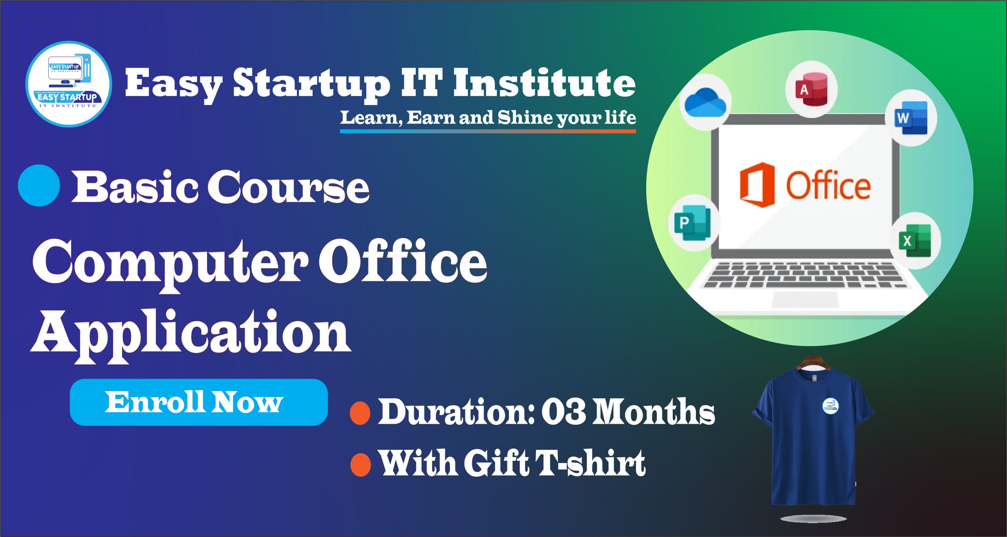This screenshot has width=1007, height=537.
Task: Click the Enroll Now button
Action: coord(199,402)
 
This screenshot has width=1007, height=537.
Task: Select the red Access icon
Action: coord(811,90)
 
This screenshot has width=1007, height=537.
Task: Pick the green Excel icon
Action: coord(915,241)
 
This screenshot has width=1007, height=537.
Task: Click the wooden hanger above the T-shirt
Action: coord(813,363)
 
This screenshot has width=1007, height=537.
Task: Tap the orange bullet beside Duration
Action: coord(360,413)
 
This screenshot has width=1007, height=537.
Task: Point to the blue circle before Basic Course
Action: coord(39,185)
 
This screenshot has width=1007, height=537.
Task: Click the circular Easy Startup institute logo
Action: coord(69,84)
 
